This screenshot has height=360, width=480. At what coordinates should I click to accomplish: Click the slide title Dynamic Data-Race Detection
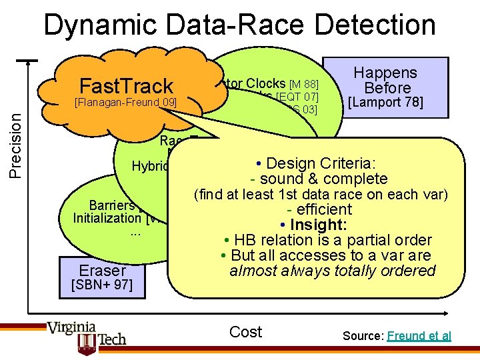click(x=240, y=25)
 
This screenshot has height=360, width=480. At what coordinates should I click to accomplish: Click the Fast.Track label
click(x=126, y=86)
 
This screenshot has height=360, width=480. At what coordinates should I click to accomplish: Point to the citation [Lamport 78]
click(x=386, y=103)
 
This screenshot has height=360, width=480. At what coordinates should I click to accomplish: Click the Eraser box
click(x=102, y=269)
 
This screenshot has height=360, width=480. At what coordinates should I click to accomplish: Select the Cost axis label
click(x=245, y=332)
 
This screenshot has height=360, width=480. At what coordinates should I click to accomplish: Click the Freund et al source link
click(x=419, y=336)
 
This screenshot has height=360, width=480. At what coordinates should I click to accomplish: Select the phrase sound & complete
click(x=319, y=179)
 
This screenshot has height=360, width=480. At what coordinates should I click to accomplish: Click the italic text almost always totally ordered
click(x=332, y=271)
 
